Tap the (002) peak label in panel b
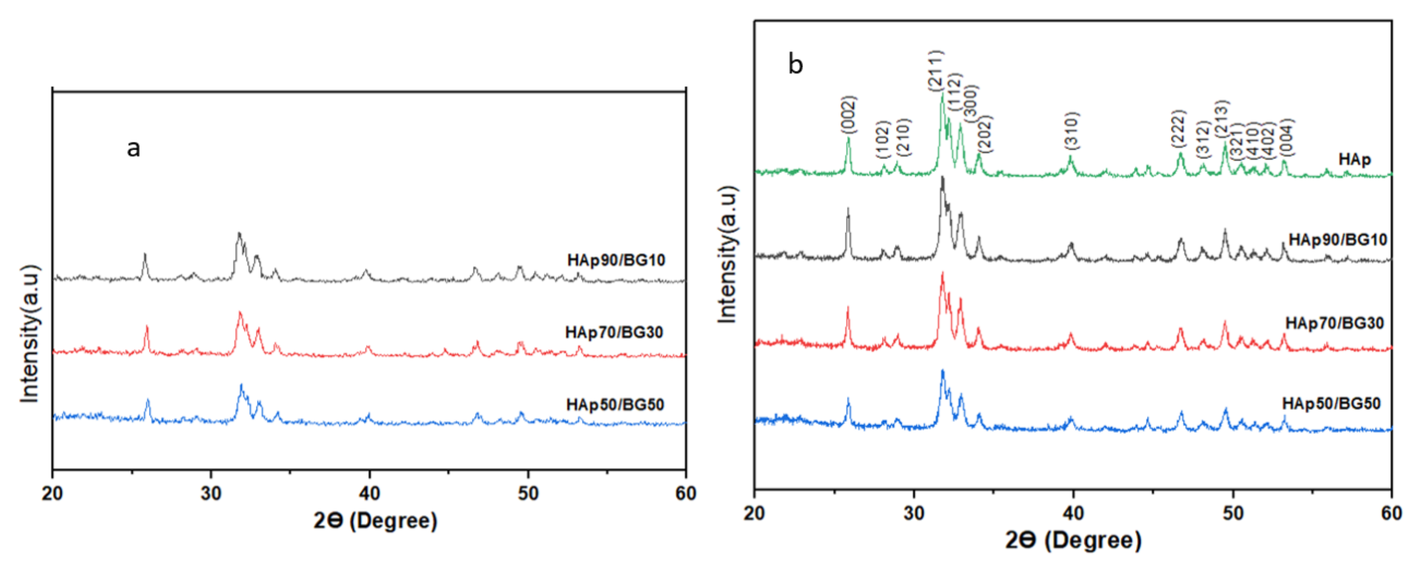tap(849, 115)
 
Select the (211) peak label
tap(936, 70)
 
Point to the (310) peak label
tap(1072, 131)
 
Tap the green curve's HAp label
tap(1355, 160)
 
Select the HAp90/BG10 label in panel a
tap(616, 260)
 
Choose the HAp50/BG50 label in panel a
tap(615, 405)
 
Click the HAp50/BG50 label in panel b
tap(1331, 404)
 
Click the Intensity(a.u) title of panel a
tap(30, 334)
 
